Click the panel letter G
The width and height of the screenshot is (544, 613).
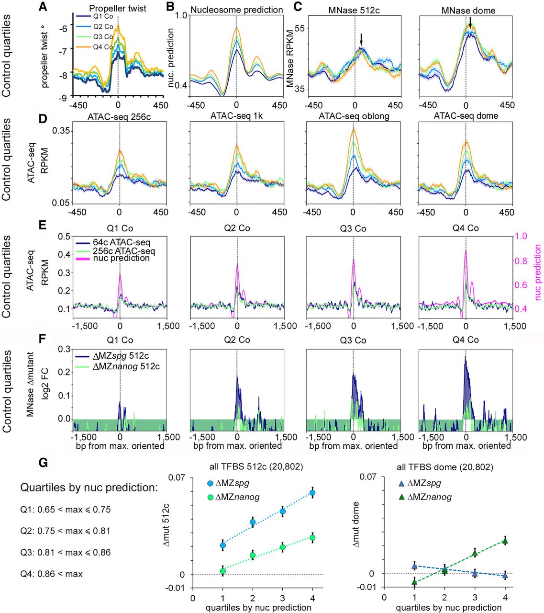pos(43,463)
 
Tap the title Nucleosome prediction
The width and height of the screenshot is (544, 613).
pos(236,9)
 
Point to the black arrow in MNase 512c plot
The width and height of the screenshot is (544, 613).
pos(361,40)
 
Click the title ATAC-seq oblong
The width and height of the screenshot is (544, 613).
pos(354,116)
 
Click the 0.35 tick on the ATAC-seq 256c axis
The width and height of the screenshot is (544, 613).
pos(61,131)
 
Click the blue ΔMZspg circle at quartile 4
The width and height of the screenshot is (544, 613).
pos(313,493)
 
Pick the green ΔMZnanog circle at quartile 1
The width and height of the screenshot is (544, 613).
pos(222,571)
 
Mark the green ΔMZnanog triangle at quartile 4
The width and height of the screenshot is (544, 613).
pos(505,541)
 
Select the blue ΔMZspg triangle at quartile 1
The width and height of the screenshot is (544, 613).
pos(414,566)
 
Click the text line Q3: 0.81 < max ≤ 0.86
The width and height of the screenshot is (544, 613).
pos(66,552)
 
